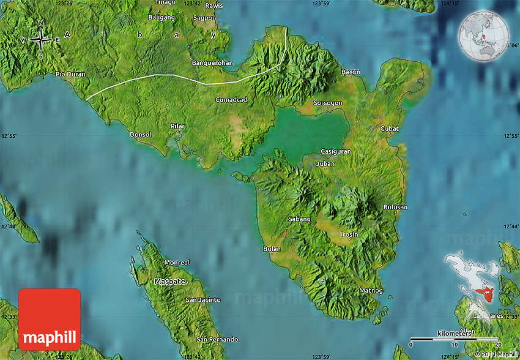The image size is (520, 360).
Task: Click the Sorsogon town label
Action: (x=327, y=103)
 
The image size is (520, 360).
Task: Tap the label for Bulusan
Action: (x=395, y=207)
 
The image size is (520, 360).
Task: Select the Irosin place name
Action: (x=349, y=234)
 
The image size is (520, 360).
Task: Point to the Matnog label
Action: (x=371, y=290)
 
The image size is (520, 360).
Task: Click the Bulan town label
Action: (x=271, y=249)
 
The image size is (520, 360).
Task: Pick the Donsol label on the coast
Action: (x=141, y=134)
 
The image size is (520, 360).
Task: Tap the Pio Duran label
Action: (x=70, y=74)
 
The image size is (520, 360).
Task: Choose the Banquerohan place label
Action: (x=211, y=62)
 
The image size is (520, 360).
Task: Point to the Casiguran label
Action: (x=336, y=151)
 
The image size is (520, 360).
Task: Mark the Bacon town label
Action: (x=351, y=72)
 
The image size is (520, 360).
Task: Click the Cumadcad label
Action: (x=231, y=99)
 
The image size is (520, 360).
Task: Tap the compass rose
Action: (x=40, y=40)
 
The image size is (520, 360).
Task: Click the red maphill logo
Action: (x=50, y=319)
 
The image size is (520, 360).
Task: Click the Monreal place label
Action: (x=177, y=263)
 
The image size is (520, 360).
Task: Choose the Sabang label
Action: (x=299, y=219)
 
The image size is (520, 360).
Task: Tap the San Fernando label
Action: (x=217, y=339)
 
